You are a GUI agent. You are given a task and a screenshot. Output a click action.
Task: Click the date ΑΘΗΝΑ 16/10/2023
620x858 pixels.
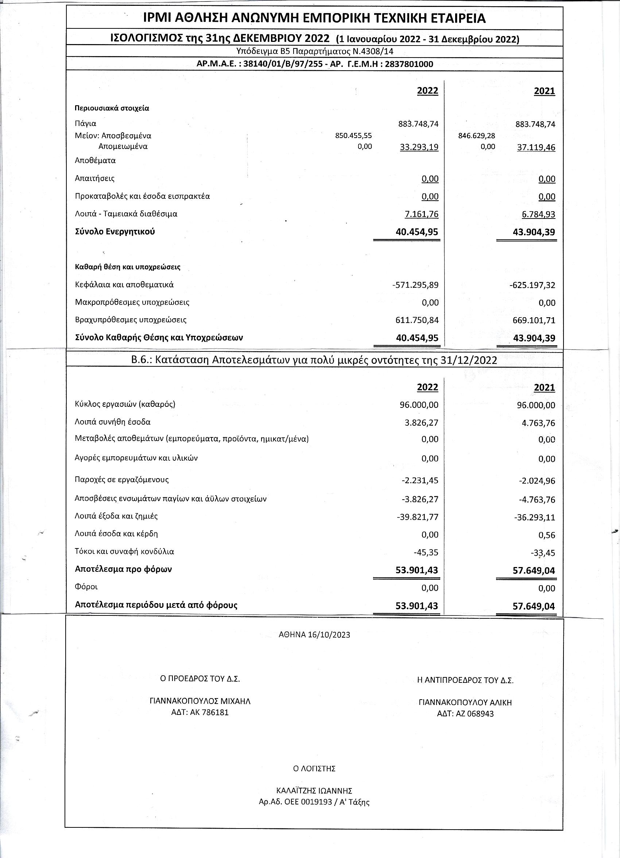[x=314, y=635]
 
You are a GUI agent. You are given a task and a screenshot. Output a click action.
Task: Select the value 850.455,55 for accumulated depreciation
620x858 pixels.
[x=354, y=135]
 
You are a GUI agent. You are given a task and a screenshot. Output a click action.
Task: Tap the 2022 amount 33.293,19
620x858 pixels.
[x=419, y=147]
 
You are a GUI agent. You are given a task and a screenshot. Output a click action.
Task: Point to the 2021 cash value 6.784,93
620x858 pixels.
[x=538, y=214]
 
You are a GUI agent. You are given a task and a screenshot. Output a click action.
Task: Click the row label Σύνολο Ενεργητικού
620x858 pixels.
[x=115, y=232]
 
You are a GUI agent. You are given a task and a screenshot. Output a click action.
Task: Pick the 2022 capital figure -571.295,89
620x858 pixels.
[x=415, y=285]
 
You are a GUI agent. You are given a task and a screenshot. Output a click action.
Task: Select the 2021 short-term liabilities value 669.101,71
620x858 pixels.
[x=532, y=320]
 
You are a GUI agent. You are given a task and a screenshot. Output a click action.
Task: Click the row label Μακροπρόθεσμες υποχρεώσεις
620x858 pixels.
[x=132, y=302]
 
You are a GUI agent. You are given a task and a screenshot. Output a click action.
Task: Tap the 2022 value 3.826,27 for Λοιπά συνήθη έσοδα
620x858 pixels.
[x=421, y=422]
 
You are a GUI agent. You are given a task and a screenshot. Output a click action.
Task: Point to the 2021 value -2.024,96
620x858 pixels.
[x=537, y=481]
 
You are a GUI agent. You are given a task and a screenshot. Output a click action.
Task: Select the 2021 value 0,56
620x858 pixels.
[x=548, y=535]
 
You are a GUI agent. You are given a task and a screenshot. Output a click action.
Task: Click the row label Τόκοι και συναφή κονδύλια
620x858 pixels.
[x=125, y=551]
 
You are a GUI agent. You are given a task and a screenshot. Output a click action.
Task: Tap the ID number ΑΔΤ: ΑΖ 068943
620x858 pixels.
[x=465, y=714]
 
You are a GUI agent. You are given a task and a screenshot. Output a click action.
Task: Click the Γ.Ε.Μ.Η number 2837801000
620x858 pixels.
[x=409, y=64]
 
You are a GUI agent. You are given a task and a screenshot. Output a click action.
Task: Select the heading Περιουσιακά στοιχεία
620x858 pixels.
[x=112, y=108]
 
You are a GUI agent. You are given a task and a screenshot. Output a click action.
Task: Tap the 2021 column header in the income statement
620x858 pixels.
[x=544, y=387]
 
